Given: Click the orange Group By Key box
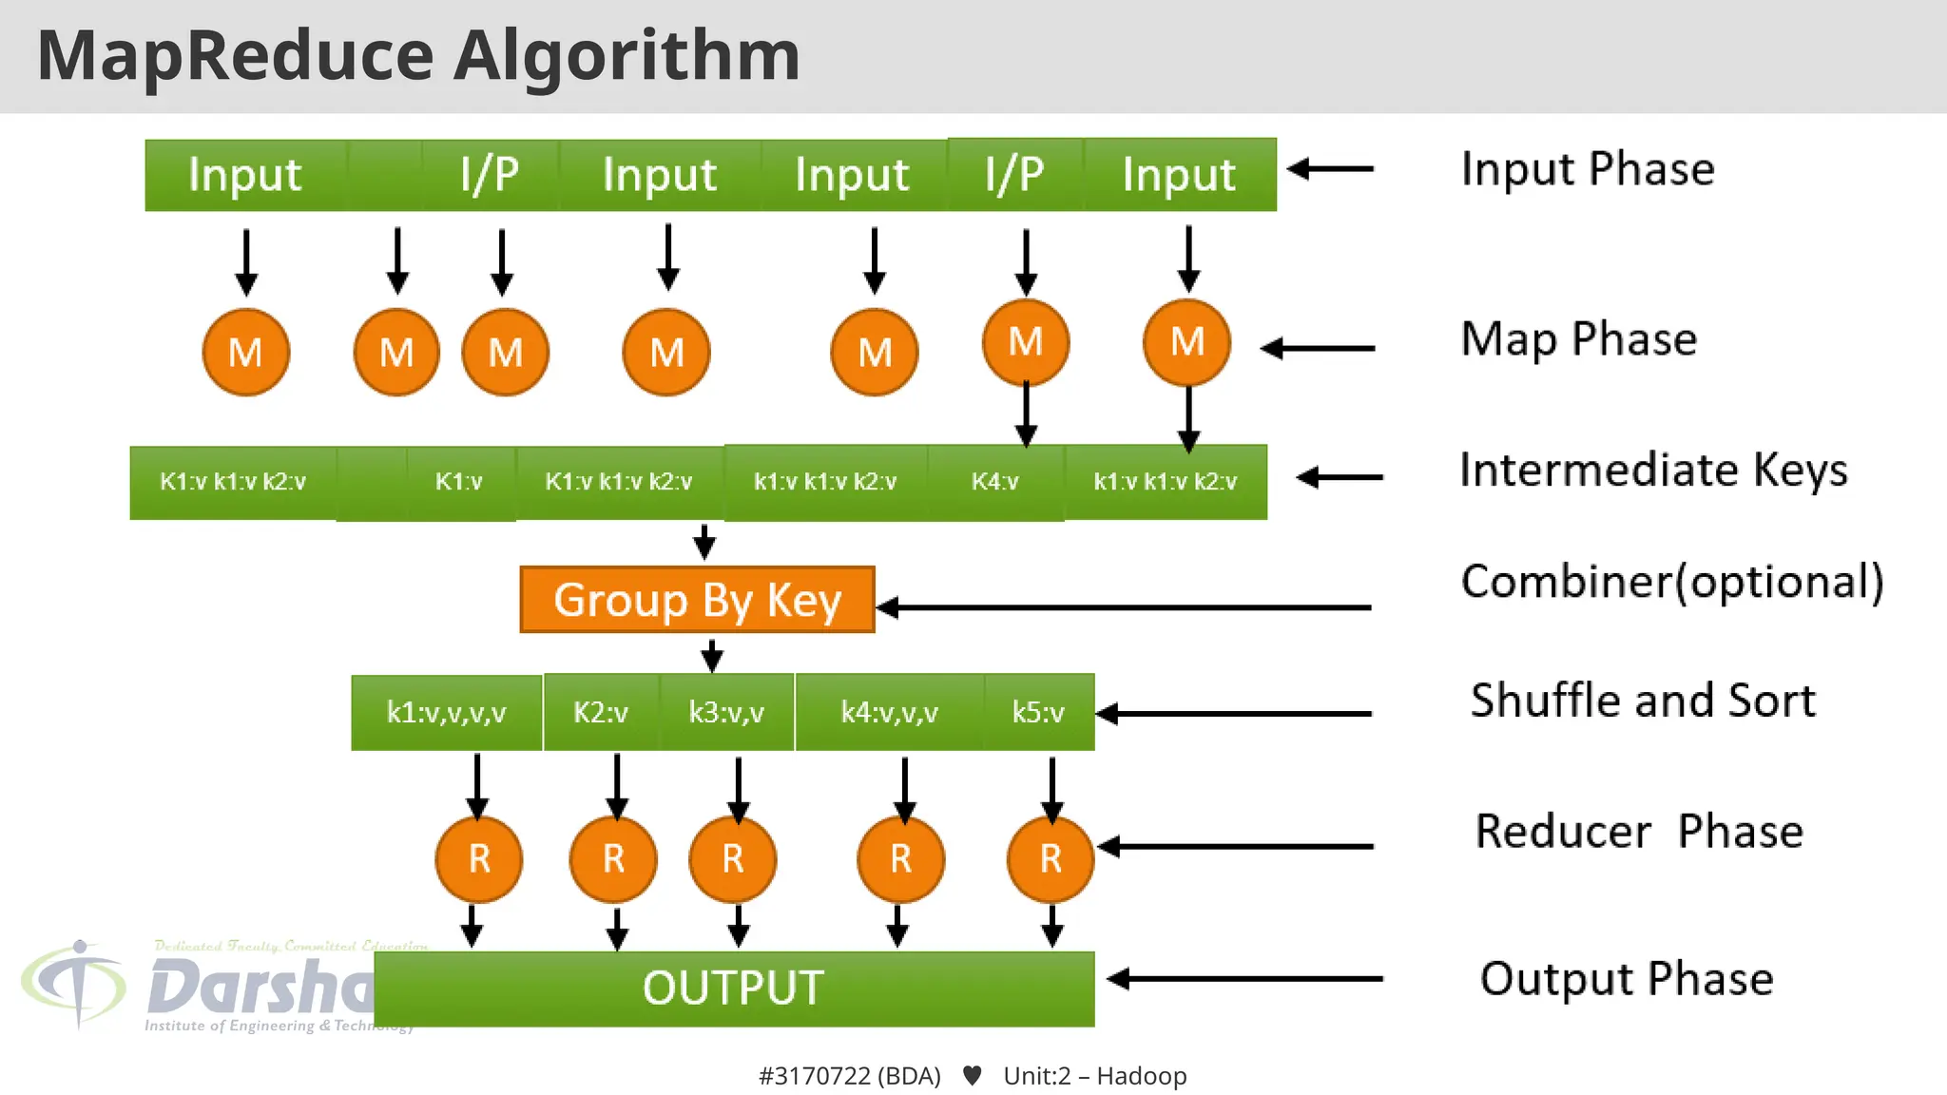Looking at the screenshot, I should tap(697, 600).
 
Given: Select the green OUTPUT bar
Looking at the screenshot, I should tap(734, 989).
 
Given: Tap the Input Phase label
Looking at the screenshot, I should tap(1588, 169).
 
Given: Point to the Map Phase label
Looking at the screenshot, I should tap(1578, 339).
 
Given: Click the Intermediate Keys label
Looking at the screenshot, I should tap(1653, 471).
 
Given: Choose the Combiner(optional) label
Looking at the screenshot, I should tap(1672, 582).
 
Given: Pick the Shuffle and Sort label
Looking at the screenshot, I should tap(1643, 701).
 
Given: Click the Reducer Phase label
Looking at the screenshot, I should tap(1639, 832).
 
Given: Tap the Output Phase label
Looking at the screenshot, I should tap(1627, 979).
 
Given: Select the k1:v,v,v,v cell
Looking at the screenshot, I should tap(446, 713).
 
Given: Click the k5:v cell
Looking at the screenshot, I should tap(1038, 713).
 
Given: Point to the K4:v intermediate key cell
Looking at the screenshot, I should tap(994, 482).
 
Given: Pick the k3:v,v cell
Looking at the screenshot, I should tap(726, 713).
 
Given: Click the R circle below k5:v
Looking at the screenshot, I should tap(1051, 859).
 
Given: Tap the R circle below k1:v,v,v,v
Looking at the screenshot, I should tap(479, 859).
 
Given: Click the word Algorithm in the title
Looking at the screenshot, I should tap(627, 55).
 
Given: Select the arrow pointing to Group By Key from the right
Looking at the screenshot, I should tap(1122, 607).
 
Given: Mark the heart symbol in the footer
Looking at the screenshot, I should tap(972, 1076).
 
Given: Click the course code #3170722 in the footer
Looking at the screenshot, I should tap(815, 1076).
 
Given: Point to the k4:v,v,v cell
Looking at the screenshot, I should tap(889, 713).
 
